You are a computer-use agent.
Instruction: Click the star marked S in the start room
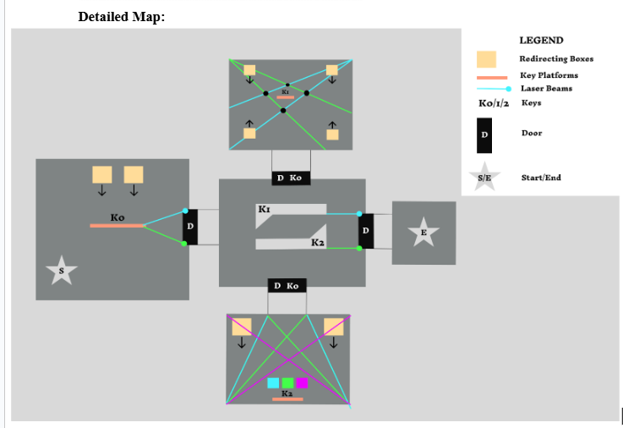(x=62, y=271)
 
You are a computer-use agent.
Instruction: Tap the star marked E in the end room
(x=424, y=233)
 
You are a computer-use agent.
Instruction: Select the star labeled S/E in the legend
(x=484, y=178)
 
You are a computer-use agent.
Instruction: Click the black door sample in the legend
(x=484, y=134)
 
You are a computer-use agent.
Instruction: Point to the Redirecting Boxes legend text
(x=556, y=59)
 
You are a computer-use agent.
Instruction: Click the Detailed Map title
(x=121, y=17)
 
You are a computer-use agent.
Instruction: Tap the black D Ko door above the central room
(x=291, y=178)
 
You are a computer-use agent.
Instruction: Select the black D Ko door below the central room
(x=287, y=286)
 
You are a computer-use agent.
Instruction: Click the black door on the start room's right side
(x=190, y=227)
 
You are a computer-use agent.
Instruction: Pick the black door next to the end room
(x=366, y=231)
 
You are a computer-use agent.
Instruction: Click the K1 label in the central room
(x=265, y=208)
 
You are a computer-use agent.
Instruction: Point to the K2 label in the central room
(x=318, y=243)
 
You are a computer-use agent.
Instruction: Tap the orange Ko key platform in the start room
(x=117, y=226)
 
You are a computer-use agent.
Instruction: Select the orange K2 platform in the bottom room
(x=287, y=398)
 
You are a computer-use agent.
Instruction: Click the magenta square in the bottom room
(x=302, y=383)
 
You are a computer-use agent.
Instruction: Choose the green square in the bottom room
(x=287, y=383)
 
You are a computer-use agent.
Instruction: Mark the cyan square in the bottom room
(x=273, y=383)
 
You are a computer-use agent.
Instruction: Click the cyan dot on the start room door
(x=184, y=211)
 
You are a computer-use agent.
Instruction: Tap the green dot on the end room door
(x=359, y=249)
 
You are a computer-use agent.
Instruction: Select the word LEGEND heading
(x=541, y=41)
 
